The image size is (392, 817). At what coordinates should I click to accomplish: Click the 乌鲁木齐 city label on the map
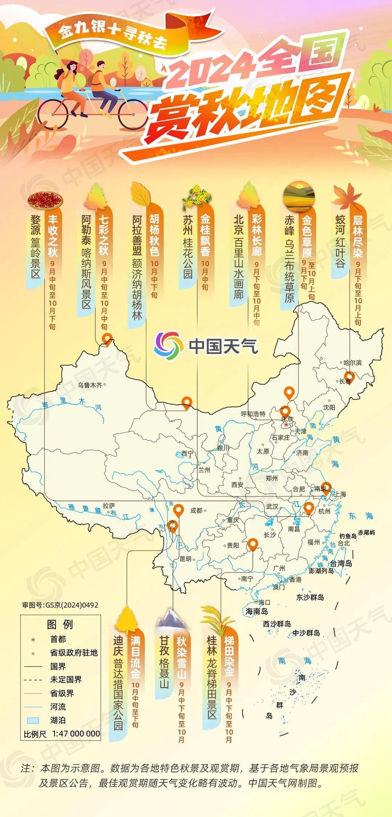coord(90,385)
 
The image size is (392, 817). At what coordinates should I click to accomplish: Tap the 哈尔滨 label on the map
coord(352,363)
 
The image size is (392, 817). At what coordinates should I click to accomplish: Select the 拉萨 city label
coord(109,506)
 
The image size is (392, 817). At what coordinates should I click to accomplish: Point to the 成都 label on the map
coord(196,510)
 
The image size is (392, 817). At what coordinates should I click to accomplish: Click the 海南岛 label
coord(257,611)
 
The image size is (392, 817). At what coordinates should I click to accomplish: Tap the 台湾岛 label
coord(341,563)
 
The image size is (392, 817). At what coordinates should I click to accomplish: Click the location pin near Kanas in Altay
coord(107,338)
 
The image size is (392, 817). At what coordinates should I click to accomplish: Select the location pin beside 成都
coord(179,510)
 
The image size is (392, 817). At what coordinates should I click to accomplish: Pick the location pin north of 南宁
coord(253,544)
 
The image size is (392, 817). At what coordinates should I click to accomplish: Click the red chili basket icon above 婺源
coord(45,200)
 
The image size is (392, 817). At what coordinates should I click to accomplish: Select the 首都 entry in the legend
coord(58,639)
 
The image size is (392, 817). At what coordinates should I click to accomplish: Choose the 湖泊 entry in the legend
coord(58,720)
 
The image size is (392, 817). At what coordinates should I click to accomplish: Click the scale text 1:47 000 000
coord(76,733)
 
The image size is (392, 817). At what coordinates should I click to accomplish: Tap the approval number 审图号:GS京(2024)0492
coord(60,605)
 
